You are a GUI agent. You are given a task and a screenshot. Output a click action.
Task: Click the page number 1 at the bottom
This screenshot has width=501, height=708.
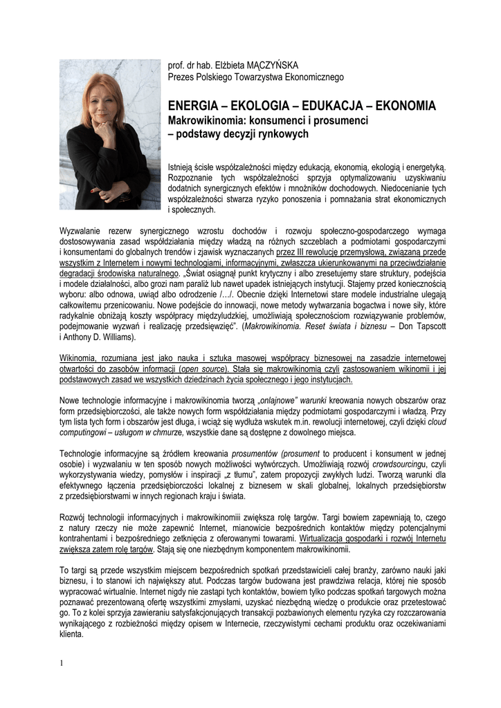pos(61,664)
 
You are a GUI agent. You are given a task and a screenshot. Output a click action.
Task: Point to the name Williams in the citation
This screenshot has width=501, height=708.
pos(119,338)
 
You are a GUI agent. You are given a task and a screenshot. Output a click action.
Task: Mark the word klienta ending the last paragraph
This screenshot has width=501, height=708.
pos(71,631)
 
